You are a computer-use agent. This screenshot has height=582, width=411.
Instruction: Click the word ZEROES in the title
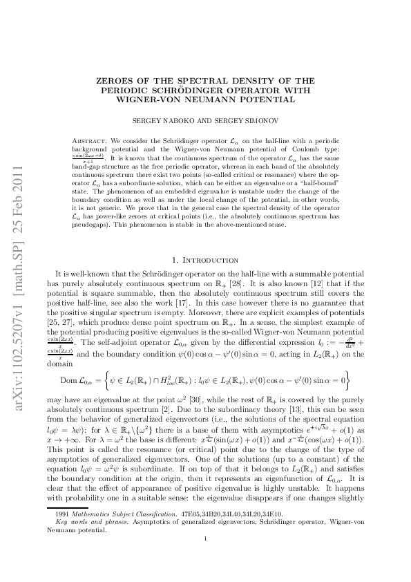tap(117, 81)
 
